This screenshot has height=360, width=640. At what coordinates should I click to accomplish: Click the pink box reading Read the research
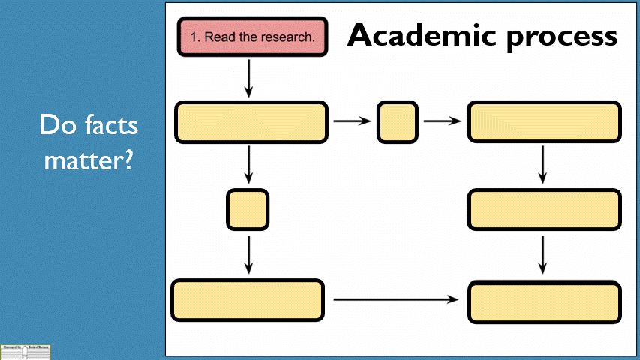pyautogui.click(x=251, y=37)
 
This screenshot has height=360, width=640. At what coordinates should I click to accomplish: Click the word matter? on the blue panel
pyautogui.click(x=88, y=160)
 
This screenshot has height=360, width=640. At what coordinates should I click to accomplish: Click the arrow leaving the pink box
pyautogui.click(x=248, y=78)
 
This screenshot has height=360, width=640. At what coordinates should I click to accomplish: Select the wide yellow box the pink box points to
pyautogui.click(x=251, y=122)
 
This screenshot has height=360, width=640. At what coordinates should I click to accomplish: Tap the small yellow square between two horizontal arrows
pyautogui.click(x=397, y=122)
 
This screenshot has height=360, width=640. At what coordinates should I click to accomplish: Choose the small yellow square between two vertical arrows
pyautogui.click(x=248, y=209)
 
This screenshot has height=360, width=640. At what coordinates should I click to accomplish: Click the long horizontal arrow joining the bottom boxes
pyautogui.click(x=395, y=299)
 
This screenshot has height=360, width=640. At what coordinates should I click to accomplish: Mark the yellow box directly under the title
pyautogui.click(x=544, y=121)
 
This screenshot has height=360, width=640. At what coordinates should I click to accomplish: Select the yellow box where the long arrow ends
pyautogui.click(x=544, y=302)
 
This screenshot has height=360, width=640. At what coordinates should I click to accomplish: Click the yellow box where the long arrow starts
pyautogui.click(x=248, y=300)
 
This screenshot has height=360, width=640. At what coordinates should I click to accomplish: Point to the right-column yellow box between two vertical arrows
pyautogui.click(x=544, y=209)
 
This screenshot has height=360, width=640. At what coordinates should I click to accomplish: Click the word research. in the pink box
pyautogui.click(x=290, y=37)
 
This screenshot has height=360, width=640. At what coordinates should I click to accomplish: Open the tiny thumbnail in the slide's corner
pyautogui.click(x=26, y=352)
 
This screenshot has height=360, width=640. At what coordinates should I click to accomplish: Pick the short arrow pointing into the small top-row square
pyautogui.click(x=352, y=121)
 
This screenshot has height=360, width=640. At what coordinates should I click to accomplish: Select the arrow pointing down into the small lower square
pyautogui.click(x=248, y=165)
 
